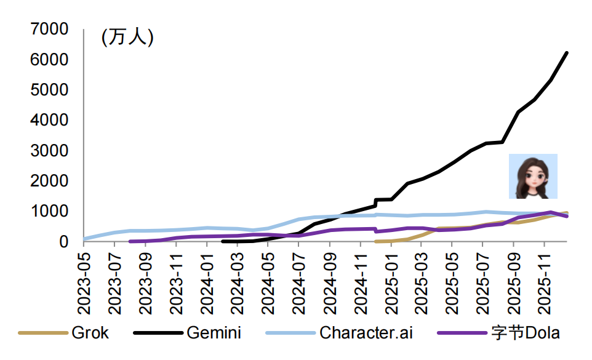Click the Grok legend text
pyautogui.click(x=90, y=334)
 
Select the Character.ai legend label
pyautogui.click(x=366, y=334)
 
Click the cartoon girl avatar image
pyautogui.click(x=532, y=176)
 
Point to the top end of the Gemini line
pyautogui.click(x=567, y=53)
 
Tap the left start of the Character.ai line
pyautogui.click(x=85, y=239)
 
